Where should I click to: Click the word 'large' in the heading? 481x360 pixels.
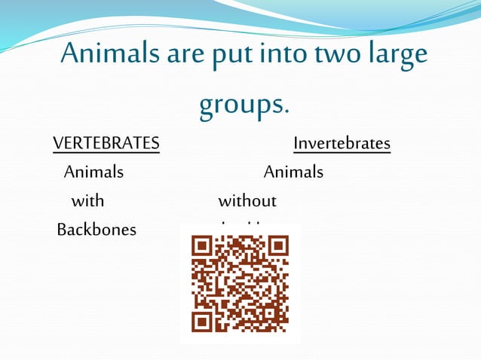(x=400, y=56)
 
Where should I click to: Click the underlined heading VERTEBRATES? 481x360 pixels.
(x=106, y=143)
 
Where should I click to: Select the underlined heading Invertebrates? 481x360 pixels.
(x=342, y=143)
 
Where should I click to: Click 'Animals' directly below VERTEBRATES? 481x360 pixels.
(x=93, y=172)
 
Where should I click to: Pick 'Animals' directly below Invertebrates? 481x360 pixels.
(x=293, y=172)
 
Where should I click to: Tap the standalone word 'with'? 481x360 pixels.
(x=87, y=201)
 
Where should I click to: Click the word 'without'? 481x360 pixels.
(x=247, y=201)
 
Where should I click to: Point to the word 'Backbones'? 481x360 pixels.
(x=97, y=230)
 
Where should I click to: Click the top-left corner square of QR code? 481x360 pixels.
(x=201, y=246)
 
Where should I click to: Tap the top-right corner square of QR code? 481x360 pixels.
(x=278, y=246)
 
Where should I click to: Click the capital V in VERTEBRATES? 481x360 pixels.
(x=57, y=143)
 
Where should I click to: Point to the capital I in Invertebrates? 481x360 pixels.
(x=296, y=143)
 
